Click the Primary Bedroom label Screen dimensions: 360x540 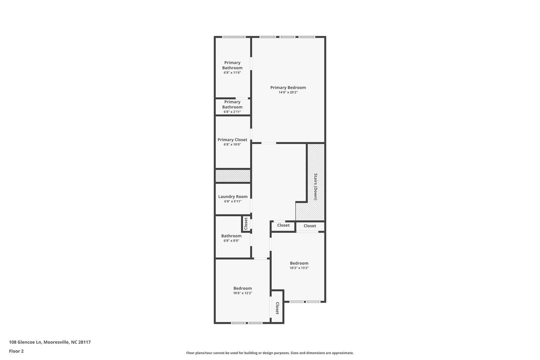coord(288,88)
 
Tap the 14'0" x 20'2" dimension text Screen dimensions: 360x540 coord(288,92)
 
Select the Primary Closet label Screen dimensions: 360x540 coord(232,140)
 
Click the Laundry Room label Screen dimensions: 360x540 coord(233,197)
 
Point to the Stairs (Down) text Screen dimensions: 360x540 coord(315,186)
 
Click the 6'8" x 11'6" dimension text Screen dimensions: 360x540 coord(232,73)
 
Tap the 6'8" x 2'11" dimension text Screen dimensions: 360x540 coord(232,112)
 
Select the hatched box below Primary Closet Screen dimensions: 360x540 coord(233,176)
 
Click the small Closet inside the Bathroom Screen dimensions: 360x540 coord(246,224)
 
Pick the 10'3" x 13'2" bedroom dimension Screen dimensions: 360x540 coord(299,268)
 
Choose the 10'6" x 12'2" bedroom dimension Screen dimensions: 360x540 coord(242,293)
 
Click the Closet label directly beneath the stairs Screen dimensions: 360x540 coord(310,226)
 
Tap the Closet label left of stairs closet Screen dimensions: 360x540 coord(283,225)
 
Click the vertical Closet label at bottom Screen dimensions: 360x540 coord(277,308)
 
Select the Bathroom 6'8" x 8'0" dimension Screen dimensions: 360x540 coord(231,241)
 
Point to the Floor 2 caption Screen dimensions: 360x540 coord(16,351)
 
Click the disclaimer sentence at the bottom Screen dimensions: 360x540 coord(270,353)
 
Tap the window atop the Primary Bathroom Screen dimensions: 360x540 coord(234,37)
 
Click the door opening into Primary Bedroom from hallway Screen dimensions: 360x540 coord(269,143)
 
